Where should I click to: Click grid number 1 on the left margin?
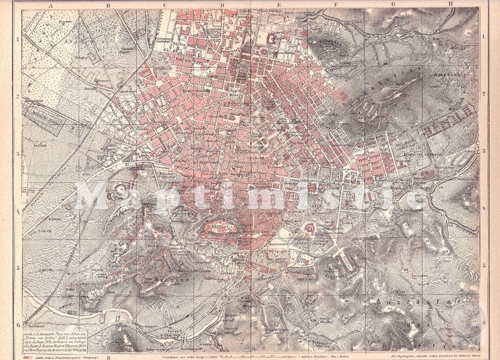18,38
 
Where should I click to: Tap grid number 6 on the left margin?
18,324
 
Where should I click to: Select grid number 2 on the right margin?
483,95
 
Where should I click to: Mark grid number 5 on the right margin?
483,267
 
